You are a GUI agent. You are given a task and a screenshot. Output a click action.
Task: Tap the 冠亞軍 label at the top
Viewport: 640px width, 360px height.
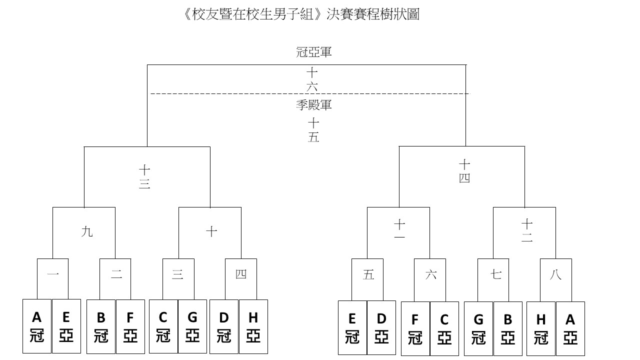[313, 52]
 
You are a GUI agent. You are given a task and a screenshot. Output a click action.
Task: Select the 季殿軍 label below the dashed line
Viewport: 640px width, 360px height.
[313, 105]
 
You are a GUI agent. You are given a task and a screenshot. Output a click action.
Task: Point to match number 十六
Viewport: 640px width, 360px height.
[312, 79]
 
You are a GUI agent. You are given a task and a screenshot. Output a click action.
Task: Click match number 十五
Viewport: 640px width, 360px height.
[313, 130]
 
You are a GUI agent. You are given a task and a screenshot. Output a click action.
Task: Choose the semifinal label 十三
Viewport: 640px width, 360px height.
[144, 177]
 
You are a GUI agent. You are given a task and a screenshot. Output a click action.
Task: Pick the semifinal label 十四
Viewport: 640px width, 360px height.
[464, 171]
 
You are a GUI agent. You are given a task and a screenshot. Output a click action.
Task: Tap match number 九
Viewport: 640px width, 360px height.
[87, 231]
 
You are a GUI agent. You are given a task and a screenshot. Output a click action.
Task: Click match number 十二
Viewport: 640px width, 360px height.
[527, 231]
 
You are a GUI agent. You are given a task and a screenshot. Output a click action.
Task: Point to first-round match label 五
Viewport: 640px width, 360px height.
[368, 275]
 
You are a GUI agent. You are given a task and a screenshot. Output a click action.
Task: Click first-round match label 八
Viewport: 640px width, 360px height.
[555, 274]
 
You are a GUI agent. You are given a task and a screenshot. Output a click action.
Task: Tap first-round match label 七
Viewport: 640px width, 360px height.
[496, 274]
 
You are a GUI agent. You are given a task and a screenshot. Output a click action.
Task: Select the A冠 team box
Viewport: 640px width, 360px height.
[37, 326]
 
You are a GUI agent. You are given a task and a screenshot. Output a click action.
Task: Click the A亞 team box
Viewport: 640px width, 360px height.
[570, 328]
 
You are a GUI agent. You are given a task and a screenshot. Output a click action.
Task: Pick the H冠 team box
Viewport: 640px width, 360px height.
[541, 328]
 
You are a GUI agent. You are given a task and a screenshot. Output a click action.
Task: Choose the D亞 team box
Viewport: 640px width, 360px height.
[381, 327]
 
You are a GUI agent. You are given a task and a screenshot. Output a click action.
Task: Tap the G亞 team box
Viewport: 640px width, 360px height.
[192, 326]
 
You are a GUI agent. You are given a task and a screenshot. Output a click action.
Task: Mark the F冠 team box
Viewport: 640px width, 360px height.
[415, 328]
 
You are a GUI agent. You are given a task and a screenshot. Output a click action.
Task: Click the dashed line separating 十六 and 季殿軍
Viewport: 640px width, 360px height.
[310, 93]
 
